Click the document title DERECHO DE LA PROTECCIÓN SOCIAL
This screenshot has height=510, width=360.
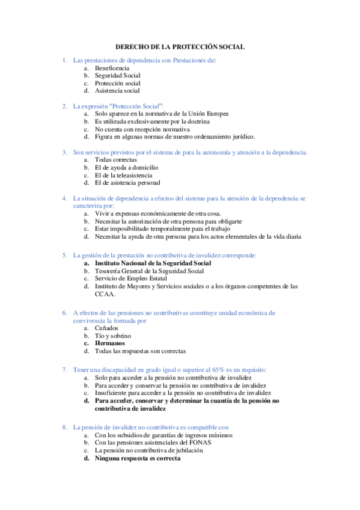(180, 47)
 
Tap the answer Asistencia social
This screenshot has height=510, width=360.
(117, 91)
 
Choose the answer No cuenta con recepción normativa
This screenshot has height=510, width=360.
(142, 129)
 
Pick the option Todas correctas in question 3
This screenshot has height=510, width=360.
(116, 159)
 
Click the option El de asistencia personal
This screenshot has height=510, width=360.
(127, 182)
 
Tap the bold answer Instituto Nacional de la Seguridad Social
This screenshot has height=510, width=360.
(153, 263)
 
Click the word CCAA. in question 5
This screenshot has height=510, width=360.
(105, 294)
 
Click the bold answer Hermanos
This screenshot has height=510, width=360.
(109, 343)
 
